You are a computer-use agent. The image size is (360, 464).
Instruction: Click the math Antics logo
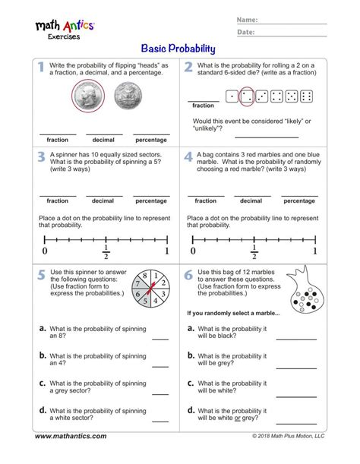[64, 28]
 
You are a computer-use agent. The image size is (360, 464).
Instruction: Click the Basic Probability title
[179, 49]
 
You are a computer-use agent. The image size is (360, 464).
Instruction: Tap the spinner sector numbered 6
[140, 298]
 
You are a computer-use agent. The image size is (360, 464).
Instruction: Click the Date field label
[246, 33]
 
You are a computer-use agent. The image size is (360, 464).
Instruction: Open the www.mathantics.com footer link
[71, 436]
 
